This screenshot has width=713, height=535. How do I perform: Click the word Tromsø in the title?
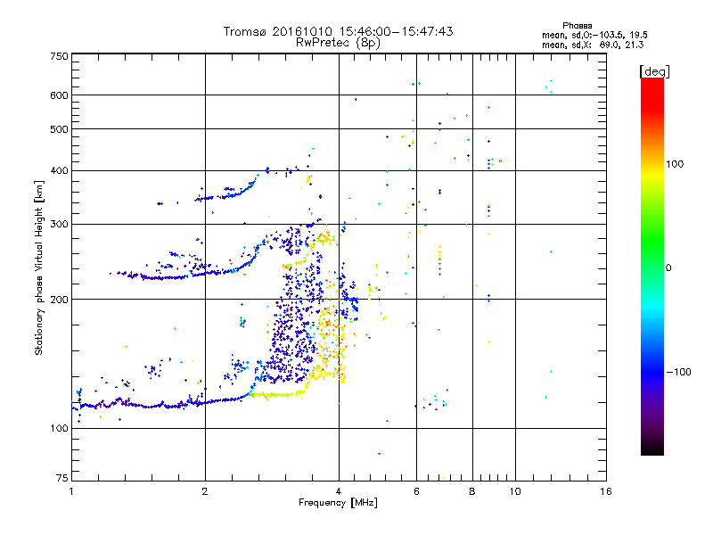tap(246, 31)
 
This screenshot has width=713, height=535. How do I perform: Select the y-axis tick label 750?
tap(59, 56)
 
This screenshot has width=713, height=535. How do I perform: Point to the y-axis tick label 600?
tap(59, 95)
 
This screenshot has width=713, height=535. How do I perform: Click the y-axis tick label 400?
tap(59, 170)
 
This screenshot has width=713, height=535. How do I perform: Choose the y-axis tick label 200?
tap(59, 299)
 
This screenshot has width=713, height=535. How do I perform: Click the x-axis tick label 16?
tap(605, 491)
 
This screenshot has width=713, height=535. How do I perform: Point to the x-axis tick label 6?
tap(416, 491)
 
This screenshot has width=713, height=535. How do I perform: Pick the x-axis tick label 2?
tap(205, 491)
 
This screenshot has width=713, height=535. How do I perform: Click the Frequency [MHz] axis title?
tap(338, 504)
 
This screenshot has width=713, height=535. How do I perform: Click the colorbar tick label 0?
tap(668, 267)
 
